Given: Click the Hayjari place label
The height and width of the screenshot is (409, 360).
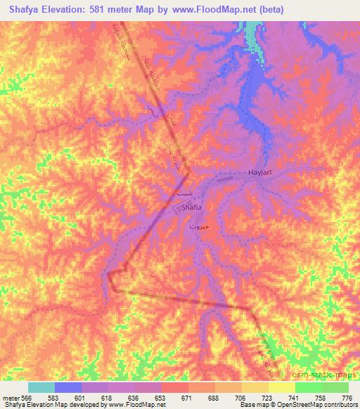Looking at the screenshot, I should (x=260, y=172).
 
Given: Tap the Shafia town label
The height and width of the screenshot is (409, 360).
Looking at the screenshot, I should (x=192, y=208).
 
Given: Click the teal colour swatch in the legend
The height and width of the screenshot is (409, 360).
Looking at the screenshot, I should (x=41, y=387).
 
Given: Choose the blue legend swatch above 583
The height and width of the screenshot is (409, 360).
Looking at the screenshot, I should (x=68, y=387).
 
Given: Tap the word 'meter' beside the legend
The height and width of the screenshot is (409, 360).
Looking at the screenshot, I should (x=11, y=397).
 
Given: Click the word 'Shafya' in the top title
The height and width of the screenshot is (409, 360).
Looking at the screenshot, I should (x=25, y=10).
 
